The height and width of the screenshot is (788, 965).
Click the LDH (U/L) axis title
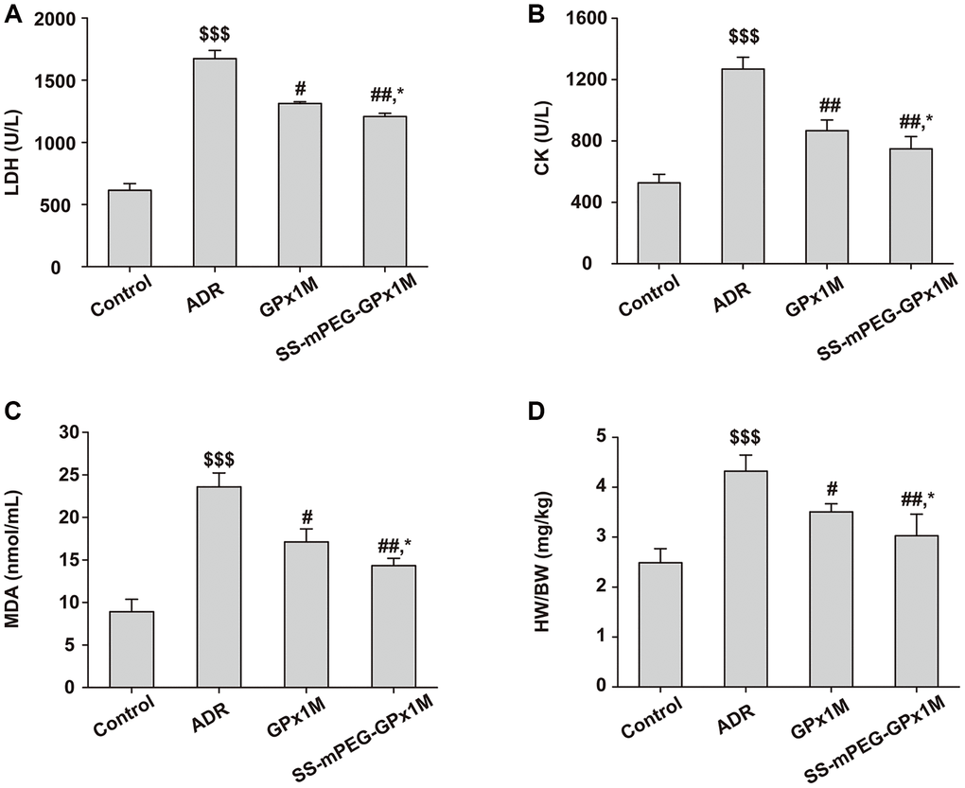(16, 142)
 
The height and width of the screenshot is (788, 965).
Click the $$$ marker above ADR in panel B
(742, 37)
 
